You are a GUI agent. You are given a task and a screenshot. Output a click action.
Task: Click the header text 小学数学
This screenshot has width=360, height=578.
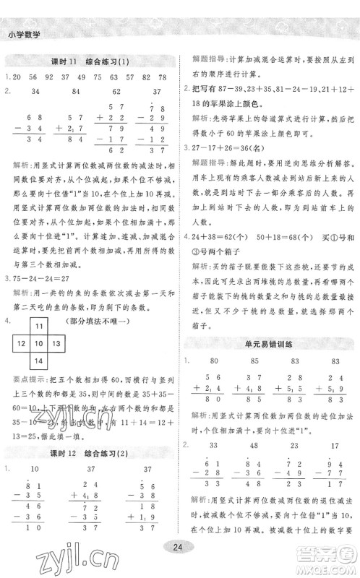[x=24, y=31]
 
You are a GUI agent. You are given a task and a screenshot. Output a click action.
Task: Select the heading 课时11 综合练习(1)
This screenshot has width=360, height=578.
[x=91, y=61]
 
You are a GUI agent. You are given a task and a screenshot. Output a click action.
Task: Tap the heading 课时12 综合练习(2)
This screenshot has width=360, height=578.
[x=91, y=452]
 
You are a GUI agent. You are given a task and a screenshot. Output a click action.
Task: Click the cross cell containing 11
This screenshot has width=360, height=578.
[x=40, y=327]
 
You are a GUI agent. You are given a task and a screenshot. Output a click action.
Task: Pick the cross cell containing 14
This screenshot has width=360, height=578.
[x=40, y=361]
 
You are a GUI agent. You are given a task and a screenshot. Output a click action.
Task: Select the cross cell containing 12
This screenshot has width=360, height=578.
[x=22, y=344]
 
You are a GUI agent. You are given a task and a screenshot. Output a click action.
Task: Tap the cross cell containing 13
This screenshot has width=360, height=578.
[x=58, y=344]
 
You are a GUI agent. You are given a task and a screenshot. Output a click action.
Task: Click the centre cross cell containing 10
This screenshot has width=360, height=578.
[x=40, y=344]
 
